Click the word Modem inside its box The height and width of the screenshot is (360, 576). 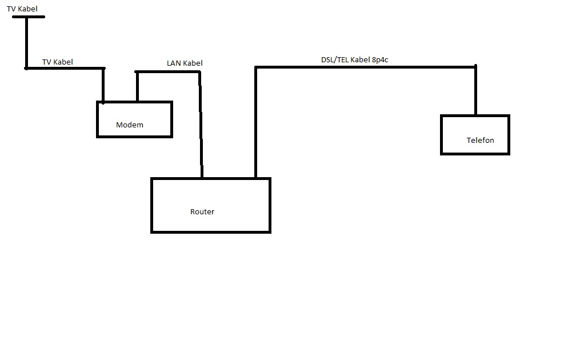coord(129,125)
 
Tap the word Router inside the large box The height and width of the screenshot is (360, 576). coord(202,212)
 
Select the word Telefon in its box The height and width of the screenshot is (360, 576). coord(480,141)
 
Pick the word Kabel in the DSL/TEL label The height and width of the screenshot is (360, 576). coord(360,59)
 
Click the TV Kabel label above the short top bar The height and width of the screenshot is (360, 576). coord(22,9)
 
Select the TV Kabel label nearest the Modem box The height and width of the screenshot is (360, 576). coord(58,62)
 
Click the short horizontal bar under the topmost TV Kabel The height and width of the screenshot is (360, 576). coord(28,17)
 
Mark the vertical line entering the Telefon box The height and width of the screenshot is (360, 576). coord(475,91)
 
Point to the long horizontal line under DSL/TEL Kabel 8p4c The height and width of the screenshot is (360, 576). coord(366,67)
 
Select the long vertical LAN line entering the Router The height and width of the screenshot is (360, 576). coord(201,126)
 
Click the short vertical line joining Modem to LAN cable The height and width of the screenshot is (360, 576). coord(137,87)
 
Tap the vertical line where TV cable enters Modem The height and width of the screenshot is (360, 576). coord(103,86)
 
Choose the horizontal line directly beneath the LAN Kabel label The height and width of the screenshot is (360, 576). coord(168,71)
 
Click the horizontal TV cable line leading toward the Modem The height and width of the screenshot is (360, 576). coord(64,69)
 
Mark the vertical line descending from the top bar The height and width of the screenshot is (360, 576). coord(26,43)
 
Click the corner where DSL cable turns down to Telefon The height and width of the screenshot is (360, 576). coord(475,67)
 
